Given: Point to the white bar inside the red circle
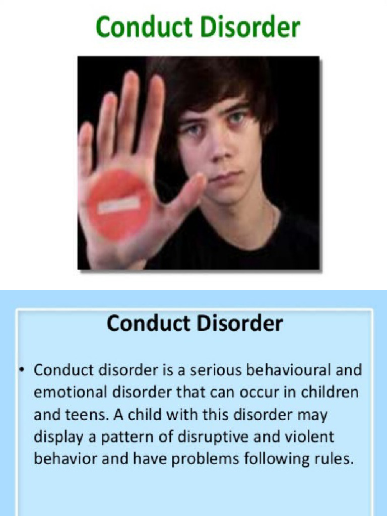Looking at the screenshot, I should (119, 204).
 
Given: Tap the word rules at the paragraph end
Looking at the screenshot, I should (332, 460).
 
